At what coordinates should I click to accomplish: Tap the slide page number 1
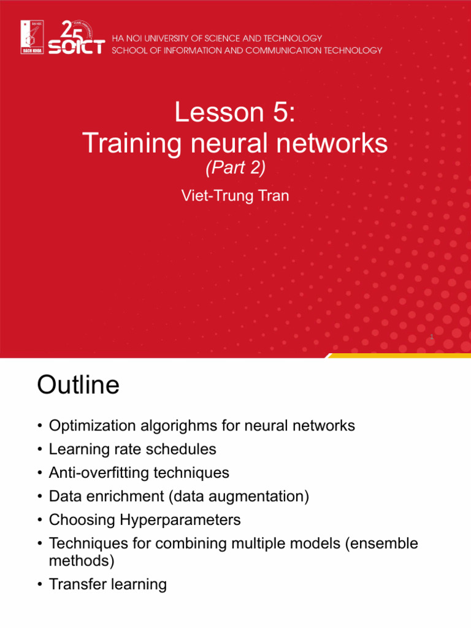pyautogui.click(x=432, y=337)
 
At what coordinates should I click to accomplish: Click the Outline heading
pyautogui.click(x=78, y=386)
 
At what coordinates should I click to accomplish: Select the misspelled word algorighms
pyautogui.click(x=179, y=426)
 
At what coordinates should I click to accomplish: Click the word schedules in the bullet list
pyautogui.click(x=184, y=449)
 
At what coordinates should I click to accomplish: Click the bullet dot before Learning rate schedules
pyautogui.click(x=40, y=450)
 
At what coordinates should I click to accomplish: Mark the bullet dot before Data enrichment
pyautogui.click(x=40, y=497)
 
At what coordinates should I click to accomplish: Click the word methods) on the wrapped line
pyautogui.click(x=81, y=561)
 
